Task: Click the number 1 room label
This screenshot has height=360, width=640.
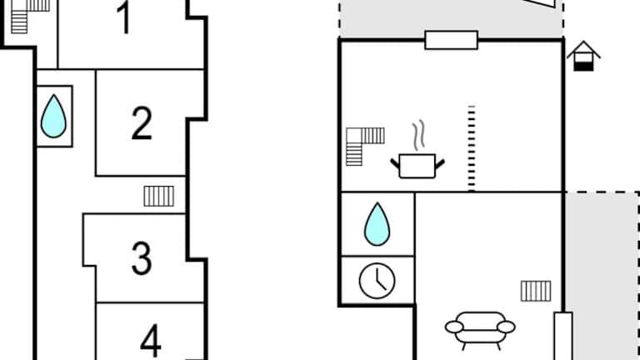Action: click(x=124, y=18)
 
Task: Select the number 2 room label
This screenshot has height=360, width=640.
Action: click(x=142, y=122)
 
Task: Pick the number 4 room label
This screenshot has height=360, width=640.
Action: click(x=150, y=340)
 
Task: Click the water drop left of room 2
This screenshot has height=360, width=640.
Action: click(x=54, y=116)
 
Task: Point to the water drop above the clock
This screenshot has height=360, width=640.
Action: click(x=377, y=224)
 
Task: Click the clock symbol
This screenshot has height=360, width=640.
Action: click(x=377, y=280)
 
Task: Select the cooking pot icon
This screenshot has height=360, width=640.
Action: click(x=417, y=164)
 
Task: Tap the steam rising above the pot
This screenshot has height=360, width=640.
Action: click(x=418, y=135)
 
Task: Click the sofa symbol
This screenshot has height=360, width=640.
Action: click(x=480, y=327)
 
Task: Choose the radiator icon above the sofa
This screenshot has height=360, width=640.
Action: click(x=536, y=291)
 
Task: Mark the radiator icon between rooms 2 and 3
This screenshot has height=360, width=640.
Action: click(x=158, y=196)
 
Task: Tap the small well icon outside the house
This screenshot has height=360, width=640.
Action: click(x=583, y=56)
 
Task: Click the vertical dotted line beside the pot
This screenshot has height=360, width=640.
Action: click(x=471, y=148)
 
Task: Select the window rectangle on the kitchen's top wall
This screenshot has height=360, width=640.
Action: click(x=451, y=39)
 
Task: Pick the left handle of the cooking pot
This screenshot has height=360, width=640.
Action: click(x=395, y=161)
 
